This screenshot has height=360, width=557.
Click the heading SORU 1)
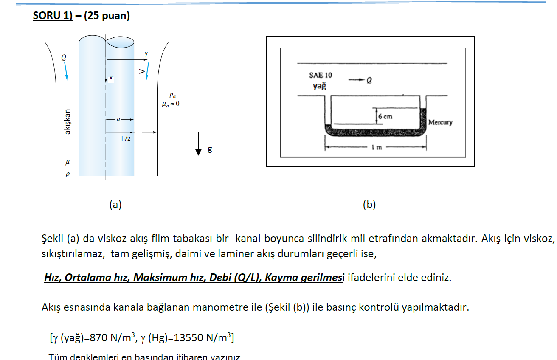53,16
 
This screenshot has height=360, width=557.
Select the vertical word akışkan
67,122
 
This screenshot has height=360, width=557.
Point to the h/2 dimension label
126,139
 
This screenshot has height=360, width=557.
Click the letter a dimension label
118,120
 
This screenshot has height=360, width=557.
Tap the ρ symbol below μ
67,174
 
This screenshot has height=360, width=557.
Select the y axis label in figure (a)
146,54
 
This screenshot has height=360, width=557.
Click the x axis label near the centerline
111,78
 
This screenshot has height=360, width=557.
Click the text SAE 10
321,75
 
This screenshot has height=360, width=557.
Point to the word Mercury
440,122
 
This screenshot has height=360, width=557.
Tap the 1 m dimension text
376,148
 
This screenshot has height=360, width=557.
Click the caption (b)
369,205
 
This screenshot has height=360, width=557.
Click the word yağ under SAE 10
320,86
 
